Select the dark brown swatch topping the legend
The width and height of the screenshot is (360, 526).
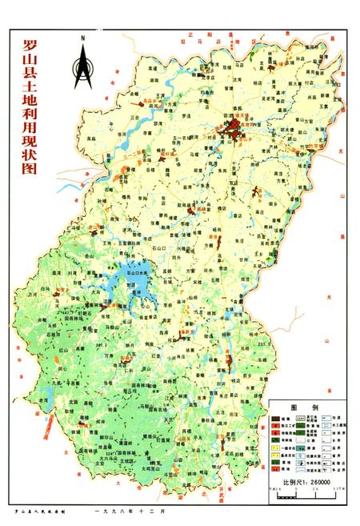pyautogui.click(x=276, y=419)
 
